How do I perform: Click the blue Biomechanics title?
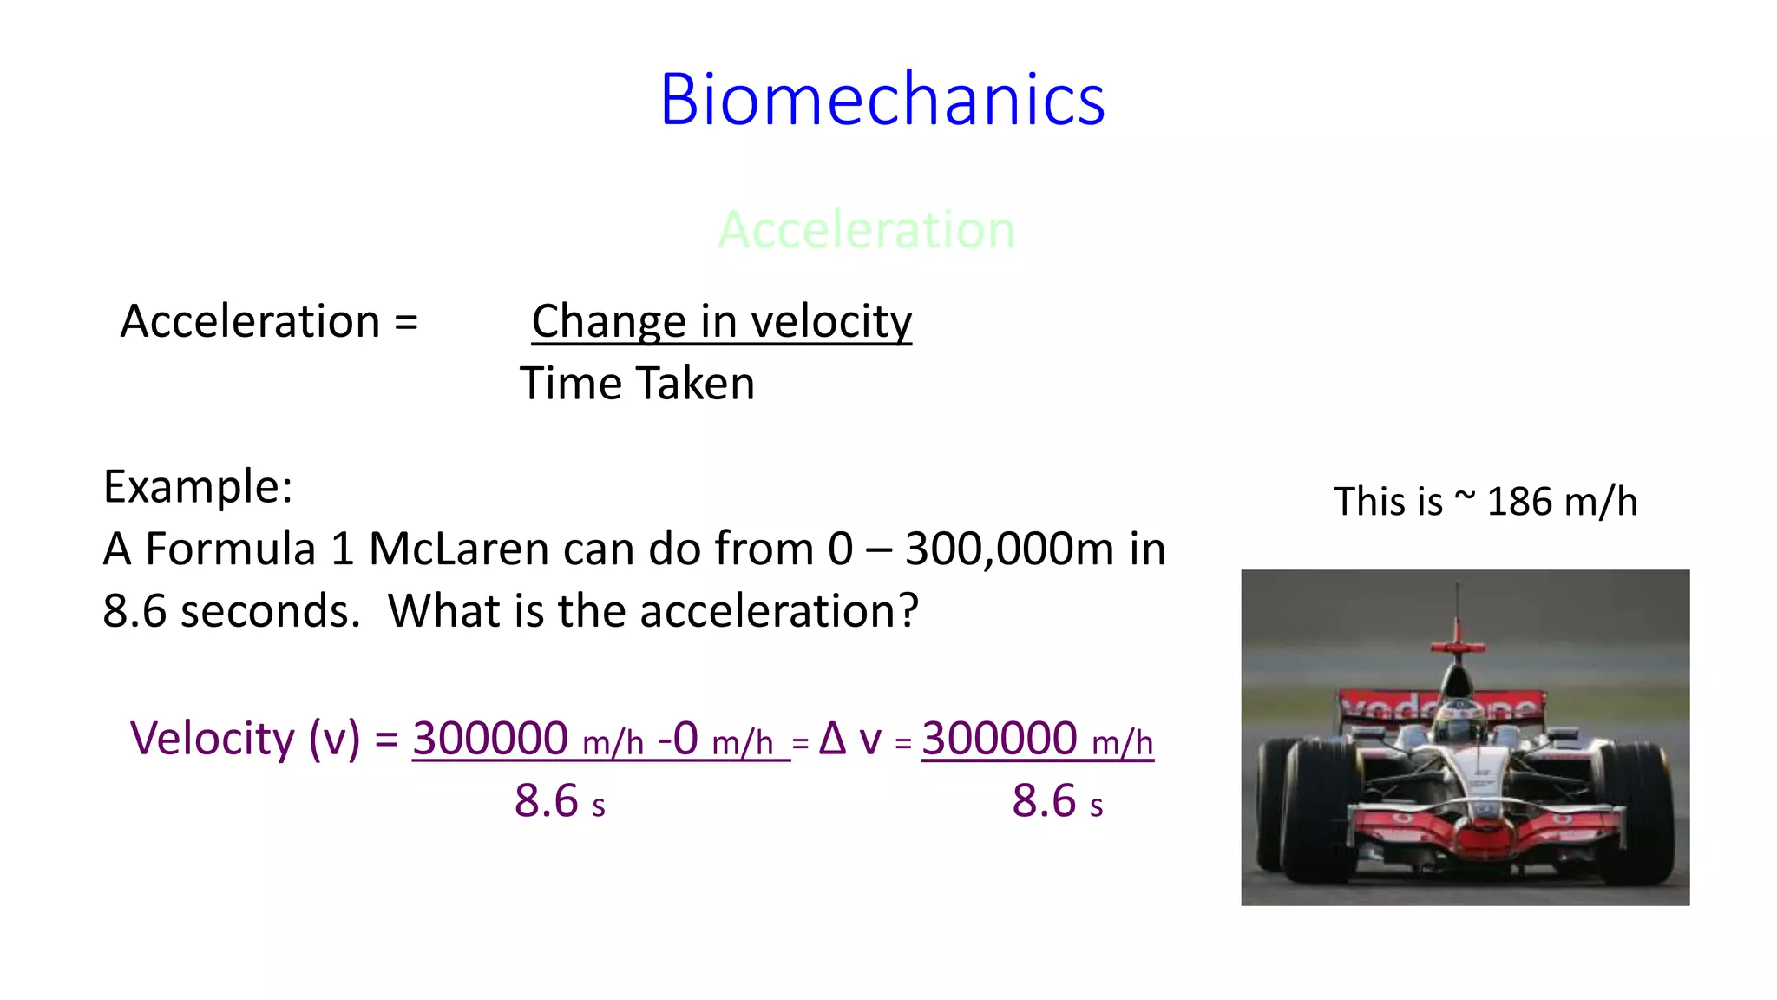click(x=882, y=100)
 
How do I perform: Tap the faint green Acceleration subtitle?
click(x=866, y=230)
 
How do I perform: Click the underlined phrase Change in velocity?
click(x=721, y=321)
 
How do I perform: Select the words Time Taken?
click(x=637, y=384)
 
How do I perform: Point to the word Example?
click(x=198, y=486)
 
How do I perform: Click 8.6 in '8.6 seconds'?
click(x=134, y=611)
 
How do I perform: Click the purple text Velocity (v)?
click(x=245, y=739)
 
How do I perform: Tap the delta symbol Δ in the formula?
click(x=832, y=739)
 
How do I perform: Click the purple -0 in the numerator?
click(x=678, y=739)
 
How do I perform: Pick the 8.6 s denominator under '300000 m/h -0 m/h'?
click(x=559, y=801)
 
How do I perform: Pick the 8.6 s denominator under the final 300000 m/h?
click(x=1057, y=801)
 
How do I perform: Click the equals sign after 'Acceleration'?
click(x=406, y=322)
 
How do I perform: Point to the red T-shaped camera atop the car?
click(x=1458, y=646)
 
